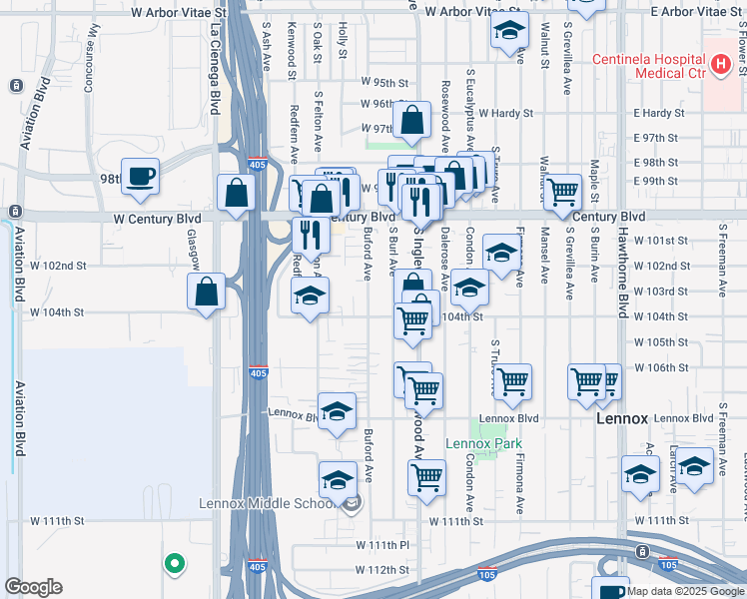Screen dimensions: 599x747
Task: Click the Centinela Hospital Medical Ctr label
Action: [648, 65]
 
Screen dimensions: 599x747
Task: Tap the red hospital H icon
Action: [721, 65]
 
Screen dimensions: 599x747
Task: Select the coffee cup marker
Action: [140, 177]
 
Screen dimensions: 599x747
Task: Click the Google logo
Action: [33, 587]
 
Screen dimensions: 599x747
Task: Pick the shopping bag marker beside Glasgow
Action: [206, 293]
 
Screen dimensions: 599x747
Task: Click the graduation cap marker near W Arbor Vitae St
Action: [509, 33]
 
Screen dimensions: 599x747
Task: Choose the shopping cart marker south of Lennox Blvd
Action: [427, 477]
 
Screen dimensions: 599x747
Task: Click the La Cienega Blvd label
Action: [215, 70]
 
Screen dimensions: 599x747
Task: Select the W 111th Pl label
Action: [383, 545]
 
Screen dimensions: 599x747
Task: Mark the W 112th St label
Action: [384, 570]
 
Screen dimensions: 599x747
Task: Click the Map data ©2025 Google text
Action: [683, 591]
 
